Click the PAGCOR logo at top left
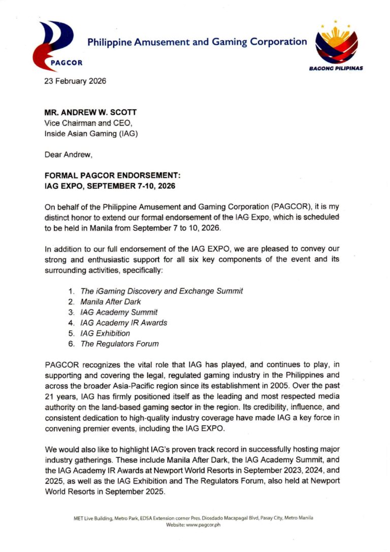click(x=53, y=45)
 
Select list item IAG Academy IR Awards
click(x=123, y=323)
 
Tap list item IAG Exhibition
click(x=105, y=333)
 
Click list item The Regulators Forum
click(x=119, y=344)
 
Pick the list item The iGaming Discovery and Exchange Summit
click(x=161, y=291)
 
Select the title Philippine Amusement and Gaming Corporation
click(x=197, y=42)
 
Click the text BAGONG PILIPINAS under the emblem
click(x=336, y=68)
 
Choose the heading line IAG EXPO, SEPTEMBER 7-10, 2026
click(x=110, y=187)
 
